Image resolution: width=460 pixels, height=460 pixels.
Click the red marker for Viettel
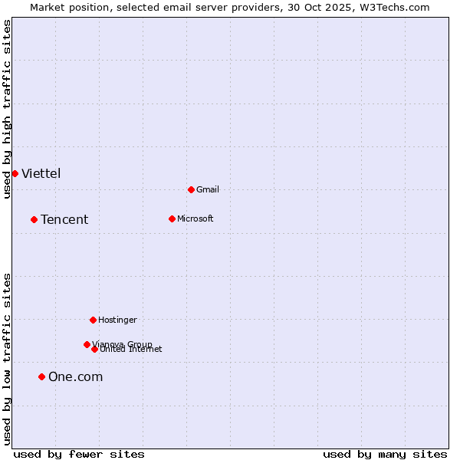click(15, 173)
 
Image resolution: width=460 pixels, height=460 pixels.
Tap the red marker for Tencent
click(34, 219)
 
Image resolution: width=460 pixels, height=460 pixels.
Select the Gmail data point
click(191, 189)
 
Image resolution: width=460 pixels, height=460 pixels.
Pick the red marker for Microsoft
click(172, 219)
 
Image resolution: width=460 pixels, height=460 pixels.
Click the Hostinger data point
click(93, 320)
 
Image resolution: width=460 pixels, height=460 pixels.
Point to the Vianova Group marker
click(87, 344)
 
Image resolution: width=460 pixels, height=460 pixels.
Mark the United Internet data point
click(94, 349)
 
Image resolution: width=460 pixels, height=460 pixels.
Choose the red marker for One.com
click(41, 376)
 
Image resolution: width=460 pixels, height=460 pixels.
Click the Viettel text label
click(41, 173)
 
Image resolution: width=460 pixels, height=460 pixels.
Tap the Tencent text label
click(64, 220)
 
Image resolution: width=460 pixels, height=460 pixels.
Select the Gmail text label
click(208, 189)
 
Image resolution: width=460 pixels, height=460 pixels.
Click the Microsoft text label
click(195, 219)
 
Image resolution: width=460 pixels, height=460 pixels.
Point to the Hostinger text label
click(117, 320)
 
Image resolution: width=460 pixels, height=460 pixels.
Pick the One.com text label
click(75, 376)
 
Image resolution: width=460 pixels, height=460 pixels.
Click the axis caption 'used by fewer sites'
click(79, 454)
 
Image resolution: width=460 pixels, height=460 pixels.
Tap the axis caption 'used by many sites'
click(385, 454)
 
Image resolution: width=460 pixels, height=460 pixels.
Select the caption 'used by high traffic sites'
click(8, 109)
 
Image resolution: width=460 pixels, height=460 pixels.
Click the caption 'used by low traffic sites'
click(8, 359)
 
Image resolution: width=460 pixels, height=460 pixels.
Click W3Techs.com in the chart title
click(392, 7)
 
